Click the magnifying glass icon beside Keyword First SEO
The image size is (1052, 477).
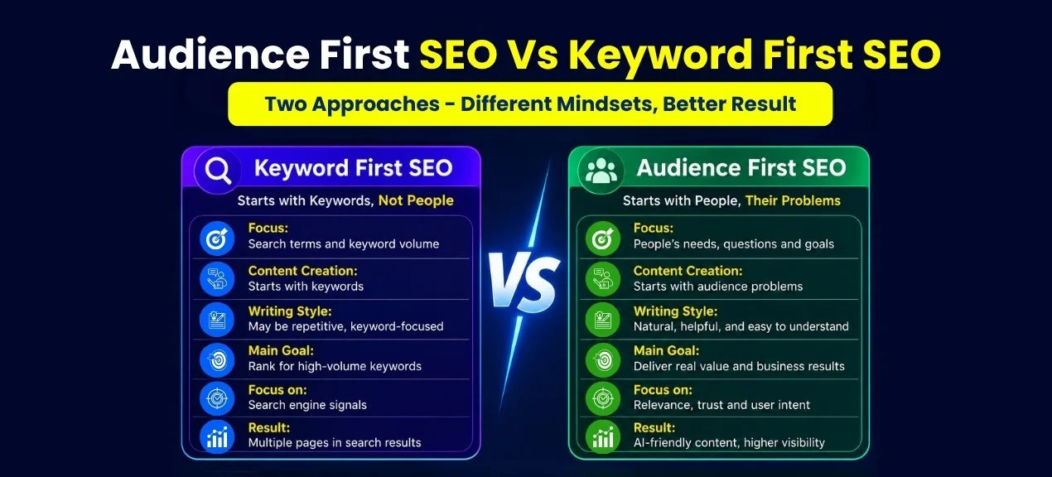pos(218,171)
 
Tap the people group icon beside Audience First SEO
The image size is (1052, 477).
pos(601,171)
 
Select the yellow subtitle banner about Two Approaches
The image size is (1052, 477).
pos(530,104)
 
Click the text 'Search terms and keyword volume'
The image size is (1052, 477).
pos(343,243)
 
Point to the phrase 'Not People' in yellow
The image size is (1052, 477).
pos(416,200)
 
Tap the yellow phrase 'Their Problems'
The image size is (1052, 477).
pos(793,200)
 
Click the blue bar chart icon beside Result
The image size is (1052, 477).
pos(217,436)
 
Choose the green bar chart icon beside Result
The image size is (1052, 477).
pos(603,436)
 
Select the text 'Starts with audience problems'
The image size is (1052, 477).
pos(718,286)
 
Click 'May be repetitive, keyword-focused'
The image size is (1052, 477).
pos(345,326)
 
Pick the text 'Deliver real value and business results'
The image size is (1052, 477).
pos(739,366)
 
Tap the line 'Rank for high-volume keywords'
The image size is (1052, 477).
pos(335,366)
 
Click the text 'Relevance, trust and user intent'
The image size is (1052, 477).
pos(721,405)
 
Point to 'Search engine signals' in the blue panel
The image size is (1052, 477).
pos(307,405)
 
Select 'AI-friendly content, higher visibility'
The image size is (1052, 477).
pos(729,442)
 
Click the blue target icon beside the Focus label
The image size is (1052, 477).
pos(217,238)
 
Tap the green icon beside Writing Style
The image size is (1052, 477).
pos(603,320)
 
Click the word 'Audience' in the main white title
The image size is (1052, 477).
pos(210,55)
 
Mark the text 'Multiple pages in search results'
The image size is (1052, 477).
pos(335,442)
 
